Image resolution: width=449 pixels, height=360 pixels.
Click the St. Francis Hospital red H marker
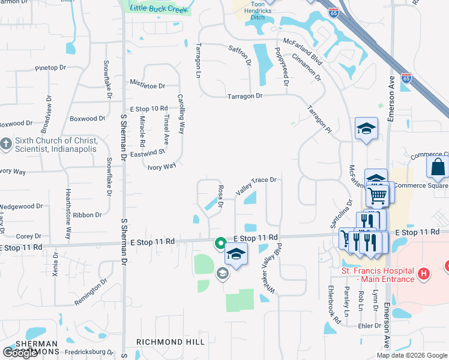(x=424, y=274)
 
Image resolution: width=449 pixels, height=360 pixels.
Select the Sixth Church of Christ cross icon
(x=6, y=144)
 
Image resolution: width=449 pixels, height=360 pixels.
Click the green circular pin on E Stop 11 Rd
(x=220, y=243)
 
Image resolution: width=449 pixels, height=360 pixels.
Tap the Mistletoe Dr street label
(x=147, y=86)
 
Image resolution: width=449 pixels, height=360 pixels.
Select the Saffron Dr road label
(x=240, y=54)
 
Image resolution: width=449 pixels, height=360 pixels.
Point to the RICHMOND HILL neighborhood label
(x=170, y=342)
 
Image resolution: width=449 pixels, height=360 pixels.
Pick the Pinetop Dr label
(x=50, y=68)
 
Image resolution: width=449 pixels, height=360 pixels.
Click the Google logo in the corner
(x=20, y=353)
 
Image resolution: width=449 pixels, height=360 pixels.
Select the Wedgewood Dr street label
(x=22, y=206)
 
